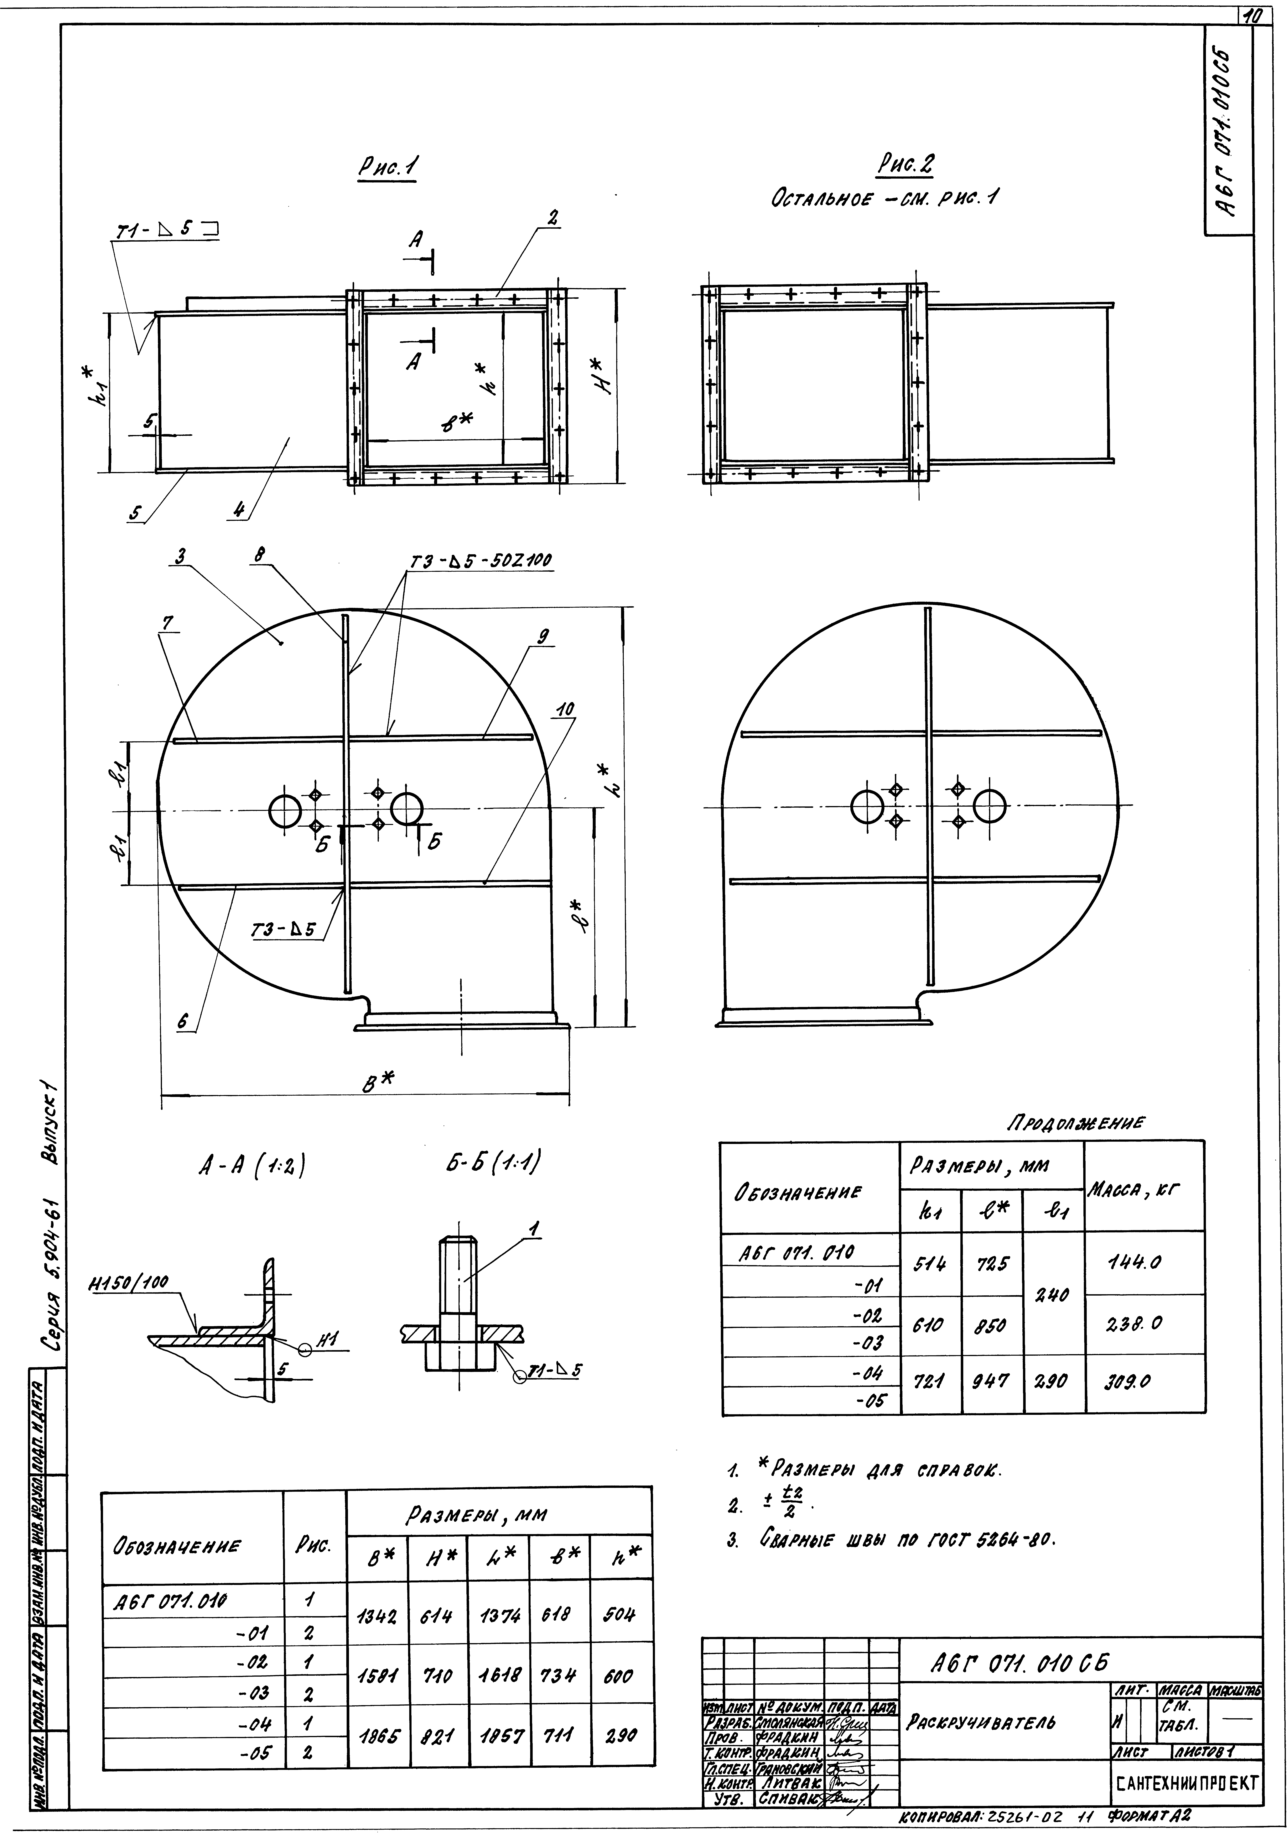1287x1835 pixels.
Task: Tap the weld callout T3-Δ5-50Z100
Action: [482, 562]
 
